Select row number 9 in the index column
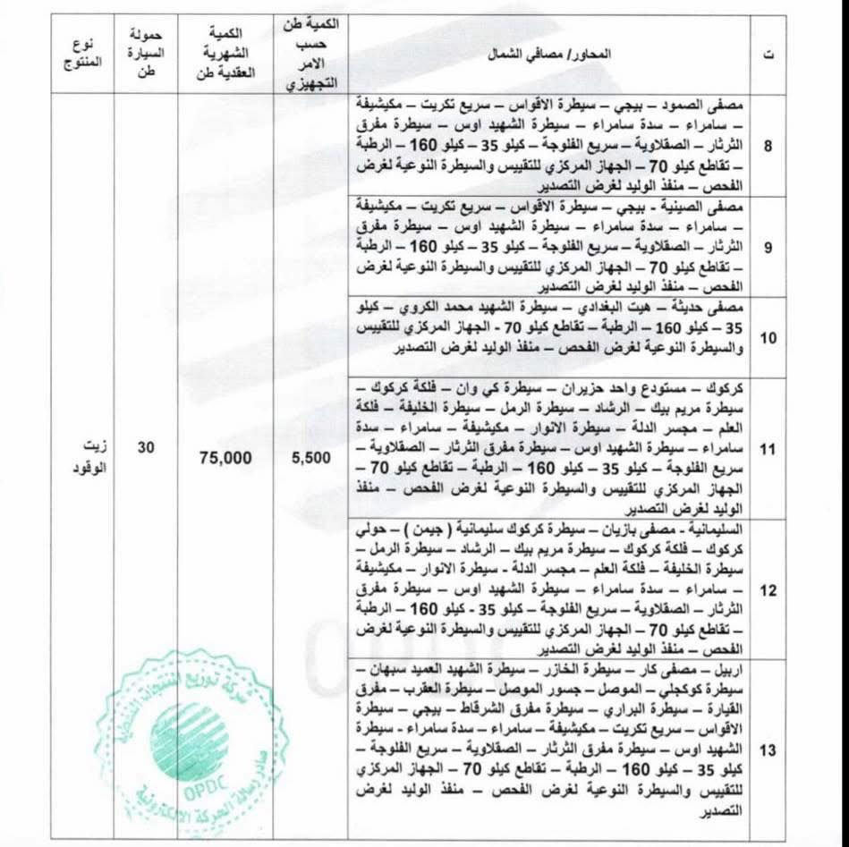[768, 243]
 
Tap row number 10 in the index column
[768, 337]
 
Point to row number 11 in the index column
[768, 450]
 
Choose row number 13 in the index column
[768, 750]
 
